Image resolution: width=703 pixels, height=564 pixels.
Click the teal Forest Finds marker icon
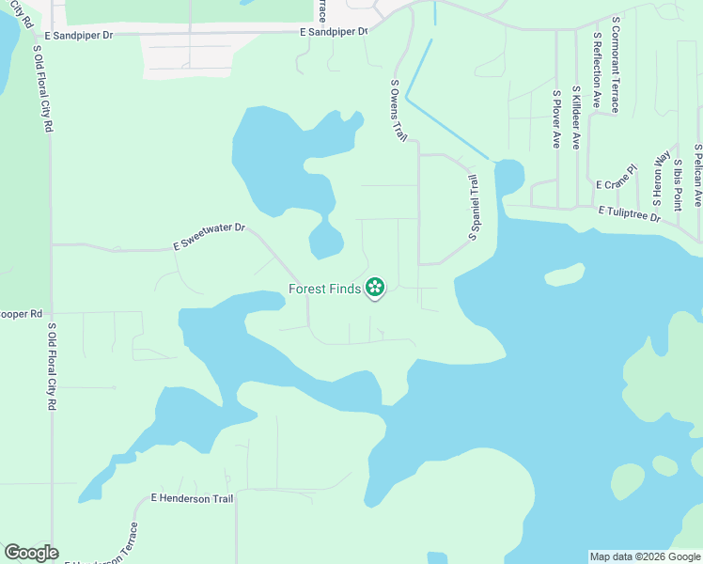tap(375, 288)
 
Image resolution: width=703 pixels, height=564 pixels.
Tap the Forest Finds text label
tap(324, 290)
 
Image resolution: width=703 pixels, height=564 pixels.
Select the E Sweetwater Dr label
tap(209, 236)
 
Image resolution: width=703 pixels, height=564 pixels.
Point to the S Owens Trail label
tap(398, 110)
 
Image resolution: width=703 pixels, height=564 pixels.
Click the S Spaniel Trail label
tap(474, 207)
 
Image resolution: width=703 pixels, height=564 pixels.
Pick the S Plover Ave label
tap(556, 119)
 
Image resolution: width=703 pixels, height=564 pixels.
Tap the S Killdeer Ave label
tap(576, 122)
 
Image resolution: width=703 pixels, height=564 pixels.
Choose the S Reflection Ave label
tap(597, 74)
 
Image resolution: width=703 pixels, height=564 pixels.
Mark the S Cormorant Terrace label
tap(616, 64)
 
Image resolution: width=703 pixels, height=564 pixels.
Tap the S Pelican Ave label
tap(697, 175)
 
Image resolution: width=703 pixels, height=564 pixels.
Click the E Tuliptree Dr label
tap(630, 215)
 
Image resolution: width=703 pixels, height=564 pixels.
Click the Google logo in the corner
tap(31, 553)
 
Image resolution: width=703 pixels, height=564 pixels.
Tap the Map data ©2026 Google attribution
tap(645, 556)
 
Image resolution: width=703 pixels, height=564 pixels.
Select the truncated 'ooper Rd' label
tap(22, 313)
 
